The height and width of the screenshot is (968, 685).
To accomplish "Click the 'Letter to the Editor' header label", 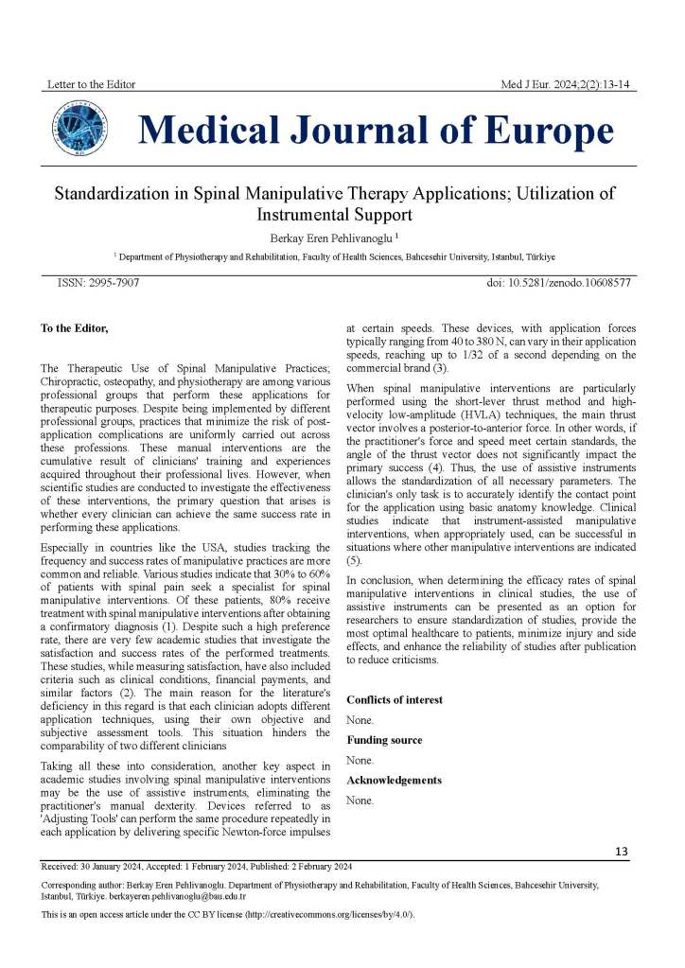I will (92, 84).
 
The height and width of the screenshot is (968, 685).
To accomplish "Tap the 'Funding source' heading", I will (384, 740).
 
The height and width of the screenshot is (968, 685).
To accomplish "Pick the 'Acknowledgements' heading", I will (395, 780).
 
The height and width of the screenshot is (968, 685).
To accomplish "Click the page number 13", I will (622, 852).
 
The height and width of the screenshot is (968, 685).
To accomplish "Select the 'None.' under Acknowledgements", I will (360, 800).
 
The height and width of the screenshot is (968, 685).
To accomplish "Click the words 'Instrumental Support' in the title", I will (328, 215).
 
